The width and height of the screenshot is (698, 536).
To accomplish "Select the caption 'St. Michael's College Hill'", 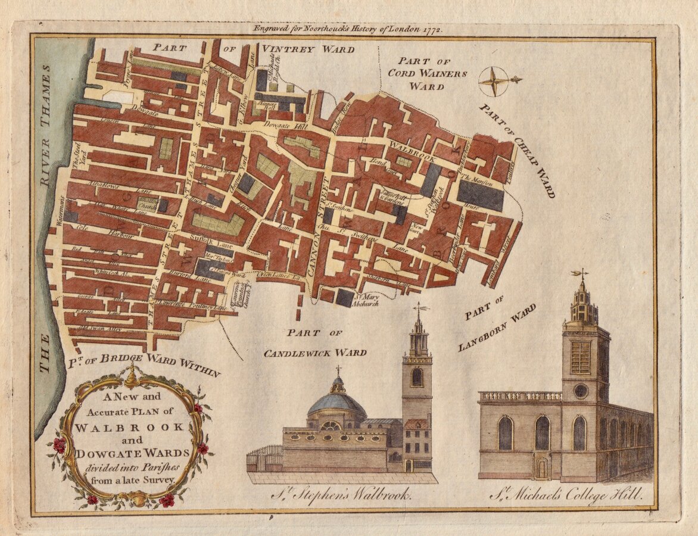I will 566,494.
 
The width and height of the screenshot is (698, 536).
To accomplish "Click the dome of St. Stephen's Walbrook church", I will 337,404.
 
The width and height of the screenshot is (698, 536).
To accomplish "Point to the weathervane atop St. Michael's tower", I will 580,274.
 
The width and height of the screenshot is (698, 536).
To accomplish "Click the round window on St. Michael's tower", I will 580,391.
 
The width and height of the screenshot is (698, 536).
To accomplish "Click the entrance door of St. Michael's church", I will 541,467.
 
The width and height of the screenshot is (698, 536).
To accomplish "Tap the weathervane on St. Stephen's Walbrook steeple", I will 420,308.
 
